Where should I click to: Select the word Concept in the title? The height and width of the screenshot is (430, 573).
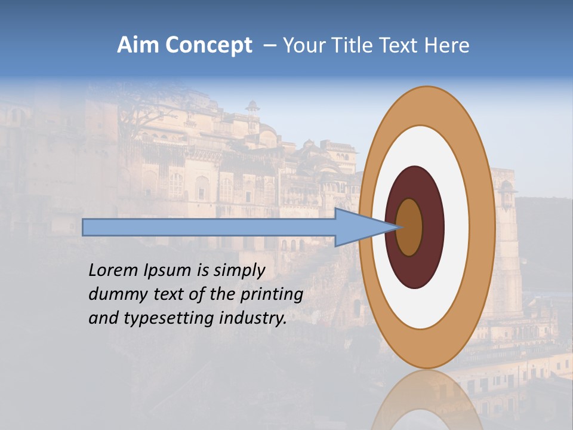coord(208,45)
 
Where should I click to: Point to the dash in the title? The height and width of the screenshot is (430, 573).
coord(269,46)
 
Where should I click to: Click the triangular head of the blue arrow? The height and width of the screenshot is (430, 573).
coord(358,228)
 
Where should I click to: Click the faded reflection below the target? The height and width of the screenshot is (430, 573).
coord(427,400)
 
